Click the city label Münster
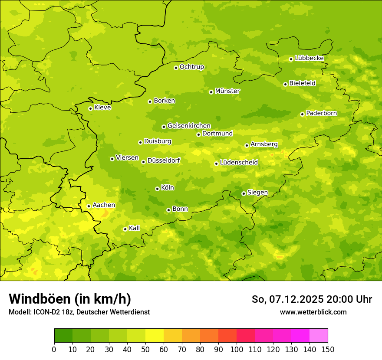227,91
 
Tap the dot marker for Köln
157,189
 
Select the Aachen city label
104,205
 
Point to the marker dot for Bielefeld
285,84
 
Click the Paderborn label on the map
321,113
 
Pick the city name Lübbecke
309,58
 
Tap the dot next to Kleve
90,108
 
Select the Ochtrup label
191,67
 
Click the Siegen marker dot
244,193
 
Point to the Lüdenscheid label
239,163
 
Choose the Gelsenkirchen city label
189,126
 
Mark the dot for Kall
125,229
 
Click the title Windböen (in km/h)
69,299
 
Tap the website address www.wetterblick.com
313,312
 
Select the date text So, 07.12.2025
287,299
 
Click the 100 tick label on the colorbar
237,349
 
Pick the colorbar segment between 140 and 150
319,336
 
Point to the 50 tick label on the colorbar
145,349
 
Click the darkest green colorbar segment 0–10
63,336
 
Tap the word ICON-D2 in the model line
44,312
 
